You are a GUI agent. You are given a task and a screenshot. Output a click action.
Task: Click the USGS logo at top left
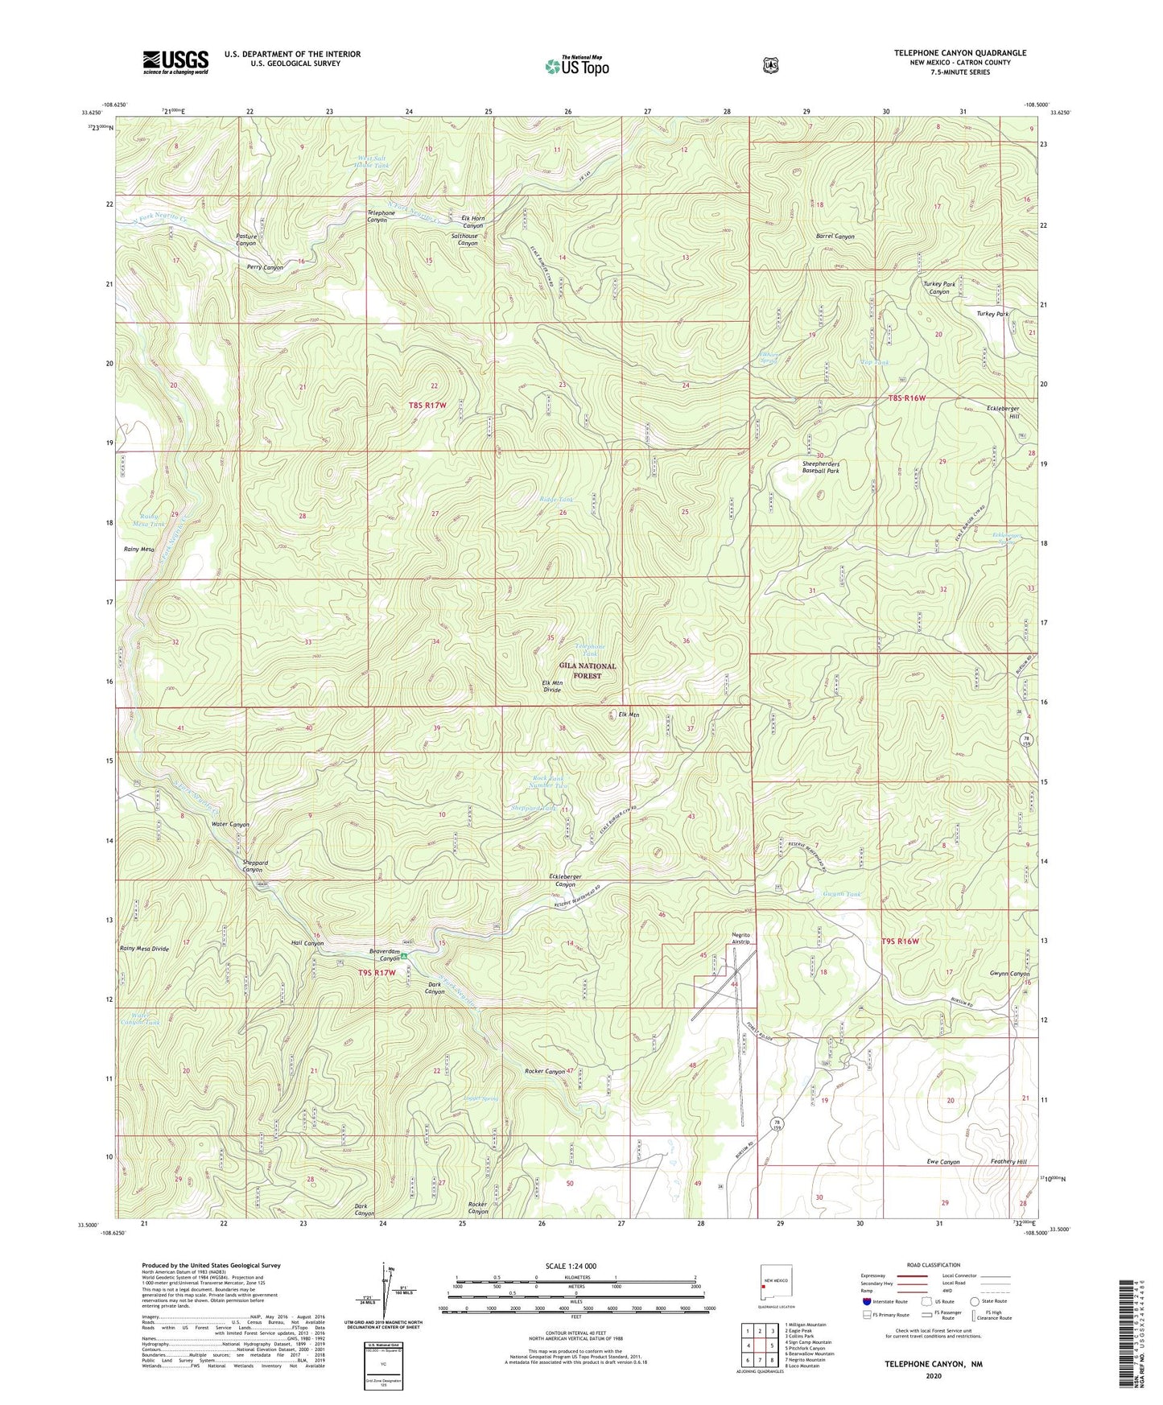(x=175, y=62)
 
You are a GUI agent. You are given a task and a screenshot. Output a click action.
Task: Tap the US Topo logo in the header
(x=576, y=66)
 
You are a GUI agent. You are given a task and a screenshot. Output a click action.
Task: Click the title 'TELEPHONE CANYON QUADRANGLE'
(x=959, y=53)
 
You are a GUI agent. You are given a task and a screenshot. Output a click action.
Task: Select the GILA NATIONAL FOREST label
(x=588, y=671)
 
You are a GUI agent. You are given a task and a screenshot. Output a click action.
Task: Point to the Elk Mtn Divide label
(x=551, y=686)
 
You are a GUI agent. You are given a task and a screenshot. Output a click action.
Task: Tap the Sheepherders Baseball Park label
(x=820, y=467)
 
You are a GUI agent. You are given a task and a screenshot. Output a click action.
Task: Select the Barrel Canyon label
(x=835, y=237)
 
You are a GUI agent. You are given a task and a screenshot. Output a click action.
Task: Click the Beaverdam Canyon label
(x=385, y=954)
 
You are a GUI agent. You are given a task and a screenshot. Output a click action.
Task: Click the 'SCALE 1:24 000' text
(x=571, y=1266)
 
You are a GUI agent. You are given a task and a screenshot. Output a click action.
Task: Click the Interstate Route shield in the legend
(x=866, y=1301)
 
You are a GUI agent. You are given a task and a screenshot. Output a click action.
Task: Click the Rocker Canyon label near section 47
(x=545, y=1071)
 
